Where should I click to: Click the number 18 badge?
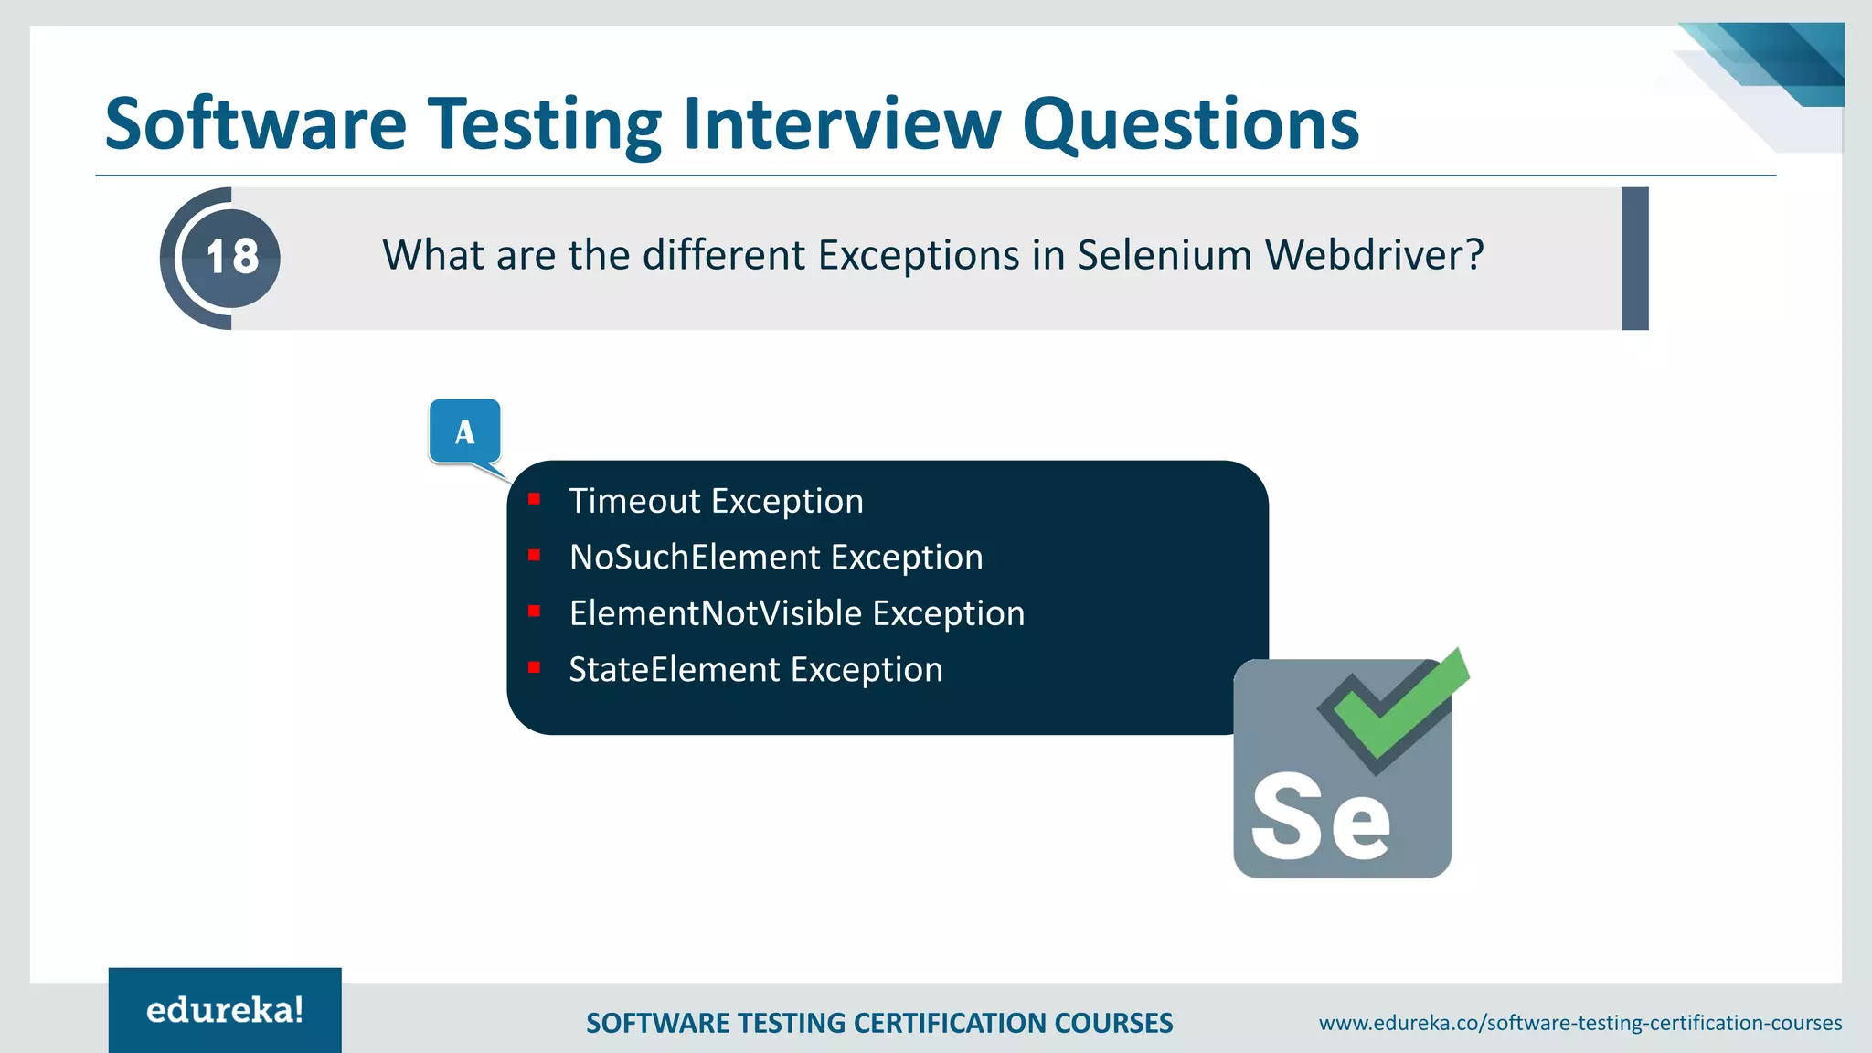pos(231,257)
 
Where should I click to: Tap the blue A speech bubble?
pos(465,431)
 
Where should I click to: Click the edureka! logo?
pos(225,1010)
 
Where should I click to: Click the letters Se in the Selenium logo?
pos(1320,816)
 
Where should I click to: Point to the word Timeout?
pos(635,501)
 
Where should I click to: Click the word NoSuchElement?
pos(695,558)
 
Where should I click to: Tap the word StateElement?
pos(675,670)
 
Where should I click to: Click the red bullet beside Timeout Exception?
pos(535,499)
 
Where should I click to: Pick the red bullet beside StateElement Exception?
pos(535,668)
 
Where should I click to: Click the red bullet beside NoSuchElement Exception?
pos(535,556)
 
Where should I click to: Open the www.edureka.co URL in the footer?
pos(1579,1023)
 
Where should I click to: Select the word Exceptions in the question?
pos(919,256)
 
